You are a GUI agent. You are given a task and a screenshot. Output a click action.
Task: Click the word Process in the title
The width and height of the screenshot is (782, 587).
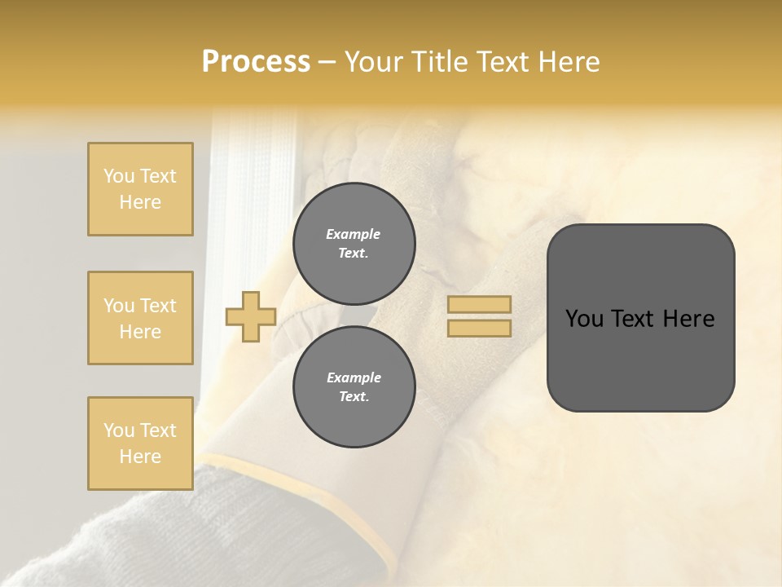256,62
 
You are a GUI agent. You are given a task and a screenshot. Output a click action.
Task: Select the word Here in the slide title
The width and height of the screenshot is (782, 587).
569,62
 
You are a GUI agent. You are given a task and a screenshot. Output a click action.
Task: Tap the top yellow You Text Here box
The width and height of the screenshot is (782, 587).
140,189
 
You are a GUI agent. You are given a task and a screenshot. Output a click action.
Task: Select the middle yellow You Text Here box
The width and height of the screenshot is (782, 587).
140,318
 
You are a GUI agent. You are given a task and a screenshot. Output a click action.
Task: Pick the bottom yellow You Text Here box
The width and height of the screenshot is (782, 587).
140,444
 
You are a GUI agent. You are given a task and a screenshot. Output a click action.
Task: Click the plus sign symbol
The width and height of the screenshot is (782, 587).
251,316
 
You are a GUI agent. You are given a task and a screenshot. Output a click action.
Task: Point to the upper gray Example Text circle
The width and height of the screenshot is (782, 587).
354,243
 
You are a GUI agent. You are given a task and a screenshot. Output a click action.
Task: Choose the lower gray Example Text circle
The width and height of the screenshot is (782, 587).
354,386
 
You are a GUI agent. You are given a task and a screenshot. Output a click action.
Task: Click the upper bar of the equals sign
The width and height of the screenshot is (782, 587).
480,304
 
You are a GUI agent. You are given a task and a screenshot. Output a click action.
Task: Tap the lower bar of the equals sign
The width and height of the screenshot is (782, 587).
480,328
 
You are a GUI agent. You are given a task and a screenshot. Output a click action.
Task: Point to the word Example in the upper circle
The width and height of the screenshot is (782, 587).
354,234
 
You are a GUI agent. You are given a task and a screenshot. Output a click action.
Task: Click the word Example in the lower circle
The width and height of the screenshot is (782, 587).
354,377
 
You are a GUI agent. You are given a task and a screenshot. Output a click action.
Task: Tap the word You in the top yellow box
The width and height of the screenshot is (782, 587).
119,176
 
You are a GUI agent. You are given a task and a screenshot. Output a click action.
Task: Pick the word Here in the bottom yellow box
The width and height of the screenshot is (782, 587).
140,457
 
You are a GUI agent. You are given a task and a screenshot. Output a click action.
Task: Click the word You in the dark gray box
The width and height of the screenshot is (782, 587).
584,319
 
